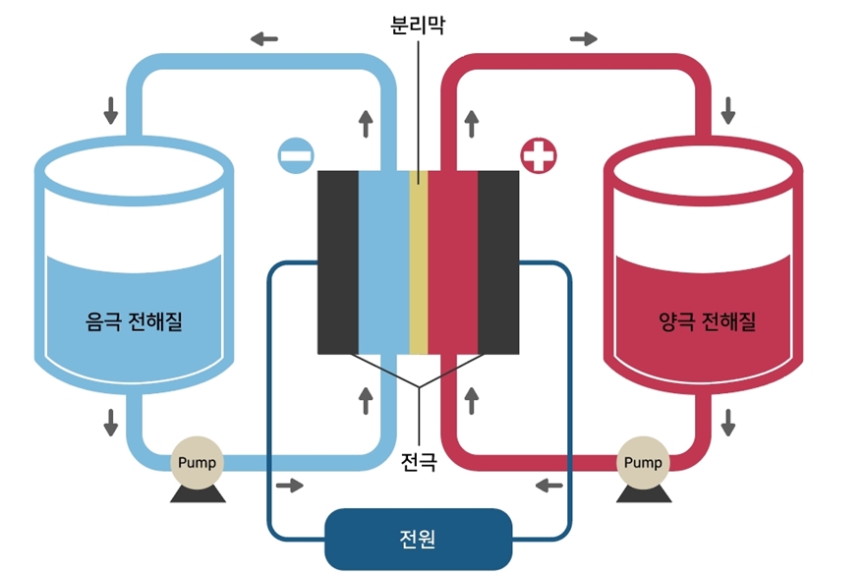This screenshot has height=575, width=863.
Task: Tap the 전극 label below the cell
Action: click(x=419, y=458)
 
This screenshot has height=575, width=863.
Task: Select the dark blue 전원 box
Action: click(x=419, y=539)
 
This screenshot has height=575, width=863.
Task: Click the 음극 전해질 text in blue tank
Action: click(x=134, y=320)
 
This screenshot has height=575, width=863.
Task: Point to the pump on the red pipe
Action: click(x=644, y=462)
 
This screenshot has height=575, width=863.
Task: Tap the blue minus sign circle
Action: click(x=297, y=154)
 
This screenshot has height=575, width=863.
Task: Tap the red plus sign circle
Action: click(x=538, y=154)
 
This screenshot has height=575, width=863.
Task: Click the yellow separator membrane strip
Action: click(x=418, y=261)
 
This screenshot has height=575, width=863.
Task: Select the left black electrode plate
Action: click(x=338, y=261)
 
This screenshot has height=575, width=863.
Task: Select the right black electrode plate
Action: click(x=498, y=261)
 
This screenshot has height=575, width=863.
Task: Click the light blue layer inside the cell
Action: click(x=383, y=261)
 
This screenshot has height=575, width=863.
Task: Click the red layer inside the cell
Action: click(x=453, y=261)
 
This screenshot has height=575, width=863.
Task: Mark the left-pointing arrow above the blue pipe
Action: click(x=263, y=39)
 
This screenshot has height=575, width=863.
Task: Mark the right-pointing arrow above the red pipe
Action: click(x=583, y=39)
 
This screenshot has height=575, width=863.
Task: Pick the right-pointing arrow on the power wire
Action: click(x=291, y=486)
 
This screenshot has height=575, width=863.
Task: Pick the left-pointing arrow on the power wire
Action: click(x=549, y=486)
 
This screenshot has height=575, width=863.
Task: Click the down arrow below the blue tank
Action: click(x=110, y=421)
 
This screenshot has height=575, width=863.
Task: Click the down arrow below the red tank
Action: click(x=728, y=421)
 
